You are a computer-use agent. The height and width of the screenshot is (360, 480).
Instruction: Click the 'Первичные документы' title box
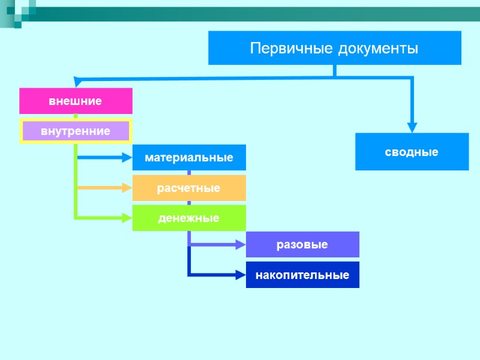click(334, 48)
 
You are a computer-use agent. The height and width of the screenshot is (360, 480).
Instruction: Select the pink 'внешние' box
click(76, 101)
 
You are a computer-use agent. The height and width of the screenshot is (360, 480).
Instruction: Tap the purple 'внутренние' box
click(76, 131)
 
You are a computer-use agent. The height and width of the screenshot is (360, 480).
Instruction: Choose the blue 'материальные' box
click(189, 158)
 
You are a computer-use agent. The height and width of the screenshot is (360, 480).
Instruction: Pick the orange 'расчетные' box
click(189, 188)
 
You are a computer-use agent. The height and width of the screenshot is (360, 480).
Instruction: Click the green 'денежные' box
click(189, 218)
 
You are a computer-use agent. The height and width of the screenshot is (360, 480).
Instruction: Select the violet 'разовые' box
click(302, 245)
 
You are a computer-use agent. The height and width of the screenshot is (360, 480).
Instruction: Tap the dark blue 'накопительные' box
click(302, 275)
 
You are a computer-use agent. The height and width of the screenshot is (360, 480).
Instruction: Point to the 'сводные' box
click(412, 152)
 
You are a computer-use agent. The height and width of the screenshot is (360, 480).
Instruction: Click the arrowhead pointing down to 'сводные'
click(412, 127)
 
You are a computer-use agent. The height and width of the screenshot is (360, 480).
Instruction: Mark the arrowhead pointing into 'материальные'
click(127, 158)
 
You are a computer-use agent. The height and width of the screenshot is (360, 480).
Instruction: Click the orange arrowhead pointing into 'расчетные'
click(127, 188)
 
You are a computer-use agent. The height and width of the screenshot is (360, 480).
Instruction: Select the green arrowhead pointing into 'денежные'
click(127, 218)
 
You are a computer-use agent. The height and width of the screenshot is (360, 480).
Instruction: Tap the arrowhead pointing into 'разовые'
click(241, 245)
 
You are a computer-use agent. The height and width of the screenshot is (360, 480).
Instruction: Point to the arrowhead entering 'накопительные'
click(241, 275)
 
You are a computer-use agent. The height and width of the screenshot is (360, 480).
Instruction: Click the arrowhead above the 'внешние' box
click(76, 82)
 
